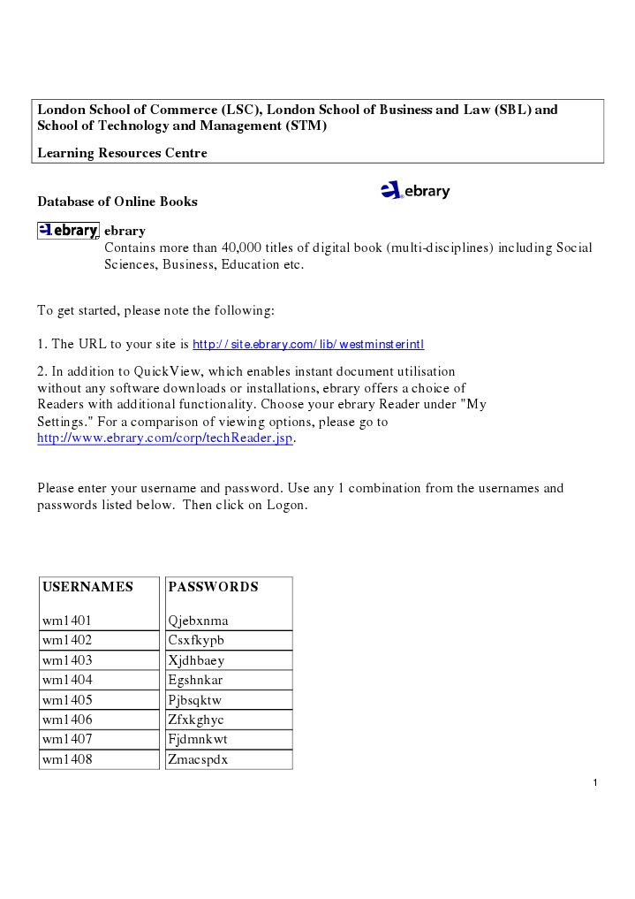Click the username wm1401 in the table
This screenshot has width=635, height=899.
point(67,621)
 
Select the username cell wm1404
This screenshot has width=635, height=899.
point(67,680)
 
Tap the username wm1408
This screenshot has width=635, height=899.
point(67,759)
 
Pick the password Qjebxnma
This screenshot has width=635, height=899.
point(198,621)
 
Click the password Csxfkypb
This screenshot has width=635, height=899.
point(196,640)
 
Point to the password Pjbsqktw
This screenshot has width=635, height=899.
point(195,700)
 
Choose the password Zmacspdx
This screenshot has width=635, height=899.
point(198,759)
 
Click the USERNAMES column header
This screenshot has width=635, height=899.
point(87,587)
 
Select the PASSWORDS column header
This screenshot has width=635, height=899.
point(213,587)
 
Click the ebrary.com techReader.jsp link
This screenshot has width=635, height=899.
point(164,438)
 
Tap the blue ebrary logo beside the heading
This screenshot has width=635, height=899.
point(415,191)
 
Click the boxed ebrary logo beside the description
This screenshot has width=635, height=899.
point(68,231)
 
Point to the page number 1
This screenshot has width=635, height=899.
point(596,783)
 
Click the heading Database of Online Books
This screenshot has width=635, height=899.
point(117,202)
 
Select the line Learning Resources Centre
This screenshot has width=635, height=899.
point(122,153)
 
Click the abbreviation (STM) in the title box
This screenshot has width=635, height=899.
point(306,126)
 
